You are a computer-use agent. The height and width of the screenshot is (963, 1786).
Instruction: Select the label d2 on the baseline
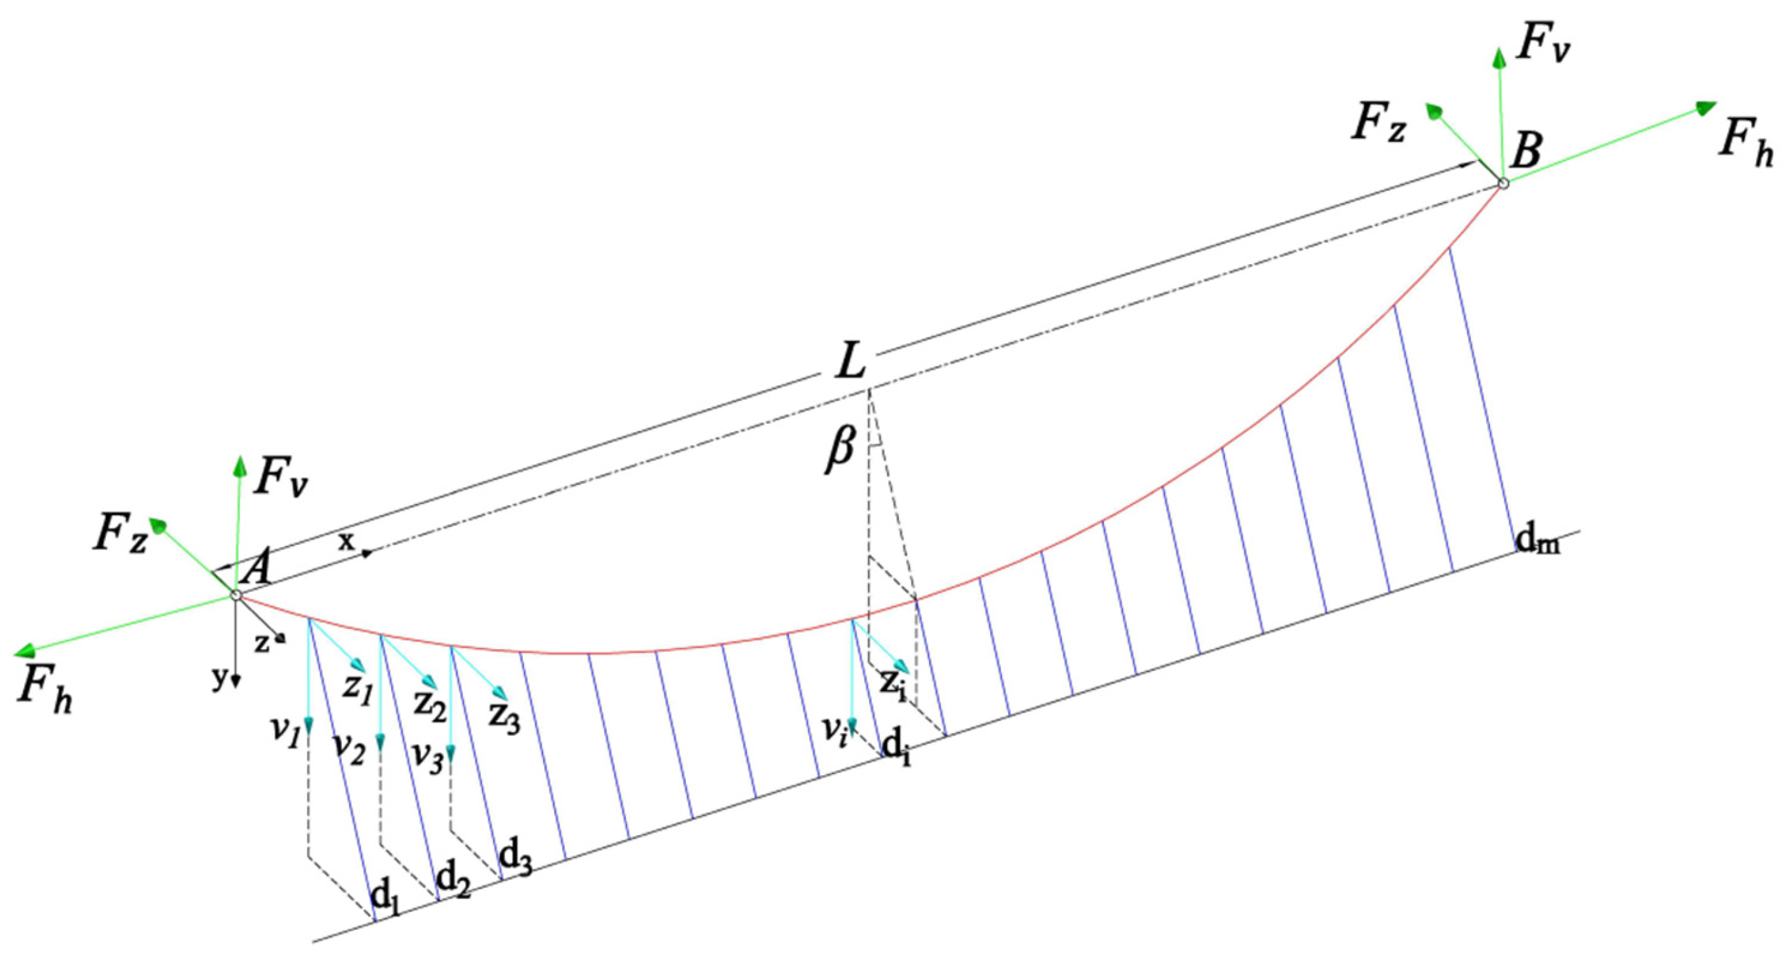pos(453,880)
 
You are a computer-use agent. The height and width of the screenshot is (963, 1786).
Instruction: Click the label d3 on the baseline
pos(516,859)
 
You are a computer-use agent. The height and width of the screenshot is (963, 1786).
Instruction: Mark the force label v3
pos(428,756)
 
